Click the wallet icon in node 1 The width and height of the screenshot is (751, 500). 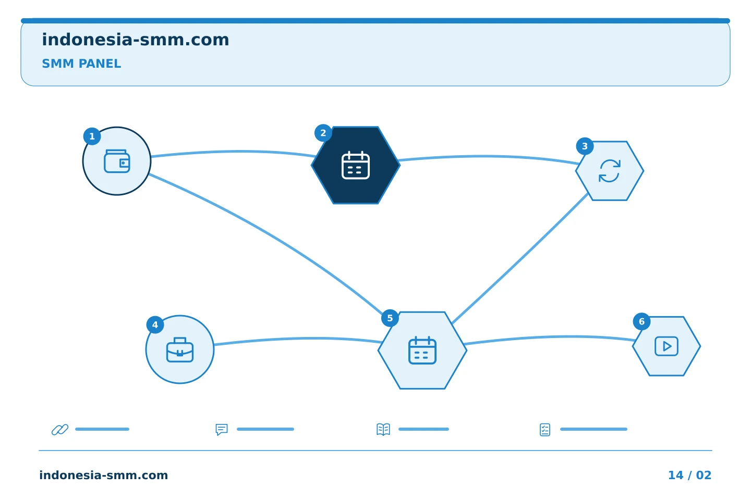[x=117, y=161]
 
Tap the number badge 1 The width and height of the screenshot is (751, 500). [x=92, y=136]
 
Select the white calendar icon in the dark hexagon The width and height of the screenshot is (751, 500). [x=355, y=165]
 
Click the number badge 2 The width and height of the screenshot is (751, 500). [x=323, y=133]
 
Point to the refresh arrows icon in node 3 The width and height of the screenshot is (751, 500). [x=610, y=171]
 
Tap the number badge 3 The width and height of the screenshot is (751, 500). [x=585, y=146]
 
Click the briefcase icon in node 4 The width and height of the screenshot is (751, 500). [x=180, y=349]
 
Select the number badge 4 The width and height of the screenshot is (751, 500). [x=155, y=324]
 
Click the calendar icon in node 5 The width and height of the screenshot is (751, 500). [x=422, y=350]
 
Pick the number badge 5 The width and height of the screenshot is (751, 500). [x=390, y=318]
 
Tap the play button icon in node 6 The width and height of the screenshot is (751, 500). [x=667, y=346]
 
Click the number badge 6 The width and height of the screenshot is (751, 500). [x=641, y=321]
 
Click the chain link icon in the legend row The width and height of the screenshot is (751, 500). [x=60, y=429]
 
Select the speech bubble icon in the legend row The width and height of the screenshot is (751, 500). [x=222, y=429]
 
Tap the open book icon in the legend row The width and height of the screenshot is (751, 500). [x=383, y=429]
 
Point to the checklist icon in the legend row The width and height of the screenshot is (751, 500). [x=545, y=430]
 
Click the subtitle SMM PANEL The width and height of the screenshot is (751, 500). [x=81, y=64]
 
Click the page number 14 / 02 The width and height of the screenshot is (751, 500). [x=689, y=475]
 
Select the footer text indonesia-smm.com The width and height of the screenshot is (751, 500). [x=104, y=475]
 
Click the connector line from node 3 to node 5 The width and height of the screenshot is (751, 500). [x=520, y=258]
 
